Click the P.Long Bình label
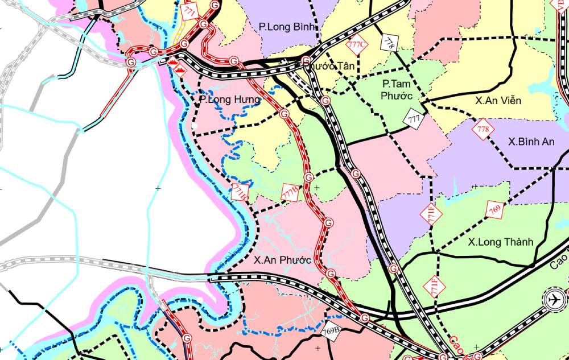coord(290,26)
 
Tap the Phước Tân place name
coord(328,66)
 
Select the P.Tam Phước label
coord(397,89)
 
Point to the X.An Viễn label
coord(498,101)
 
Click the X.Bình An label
coord(531,142)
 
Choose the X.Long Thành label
coord(501,242)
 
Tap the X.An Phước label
coord(282,260)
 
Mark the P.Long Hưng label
coord(230,100)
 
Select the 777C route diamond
coord(357,44)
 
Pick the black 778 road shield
coord(390,42)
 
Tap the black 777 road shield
coord(414,119)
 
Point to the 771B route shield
coord(239,192)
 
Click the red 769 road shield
coord(494,210)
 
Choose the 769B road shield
coord(330,330)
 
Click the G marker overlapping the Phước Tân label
coord(306,60)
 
